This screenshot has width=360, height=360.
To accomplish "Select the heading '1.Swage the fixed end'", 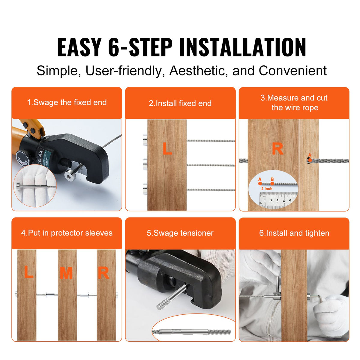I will pos(67,103).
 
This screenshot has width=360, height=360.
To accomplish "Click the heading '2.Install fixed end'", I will pos(180,103).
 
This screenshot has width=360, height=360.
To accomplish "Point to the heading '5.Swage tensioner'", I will pos(180,233).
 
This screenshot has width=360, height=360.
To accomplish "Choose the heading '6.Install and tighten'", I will pos(294,233).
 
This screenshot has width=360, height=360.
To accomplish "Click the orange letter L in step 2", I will pos(167,149).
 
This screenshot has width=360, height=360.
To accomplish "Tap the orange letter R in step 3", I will pos(277,149).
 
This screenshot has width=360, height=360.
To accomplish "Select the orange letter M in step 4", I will pos(66,273).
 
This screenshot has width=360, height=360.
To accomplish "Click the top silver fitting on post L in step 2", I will pos(145,140).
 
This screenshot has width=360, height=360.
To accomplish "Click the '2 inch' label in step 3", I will pos(267,189).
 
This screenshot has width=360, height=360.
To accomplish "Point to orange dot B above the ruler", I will pos(272,183).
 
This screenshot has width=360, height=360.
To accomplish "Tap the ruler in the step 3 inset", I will pos(276,200).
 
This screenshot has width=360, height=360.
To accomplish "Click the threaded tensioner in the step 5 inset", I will pos(195,332).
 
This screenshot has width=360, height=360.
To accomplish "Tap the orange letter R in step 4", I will pos(103,273).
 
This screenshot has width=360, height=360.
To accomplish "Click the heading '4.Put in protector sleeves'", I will pos(67,233).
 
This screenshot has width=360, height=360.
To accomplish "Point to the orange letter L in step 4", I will pos(28,272).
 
